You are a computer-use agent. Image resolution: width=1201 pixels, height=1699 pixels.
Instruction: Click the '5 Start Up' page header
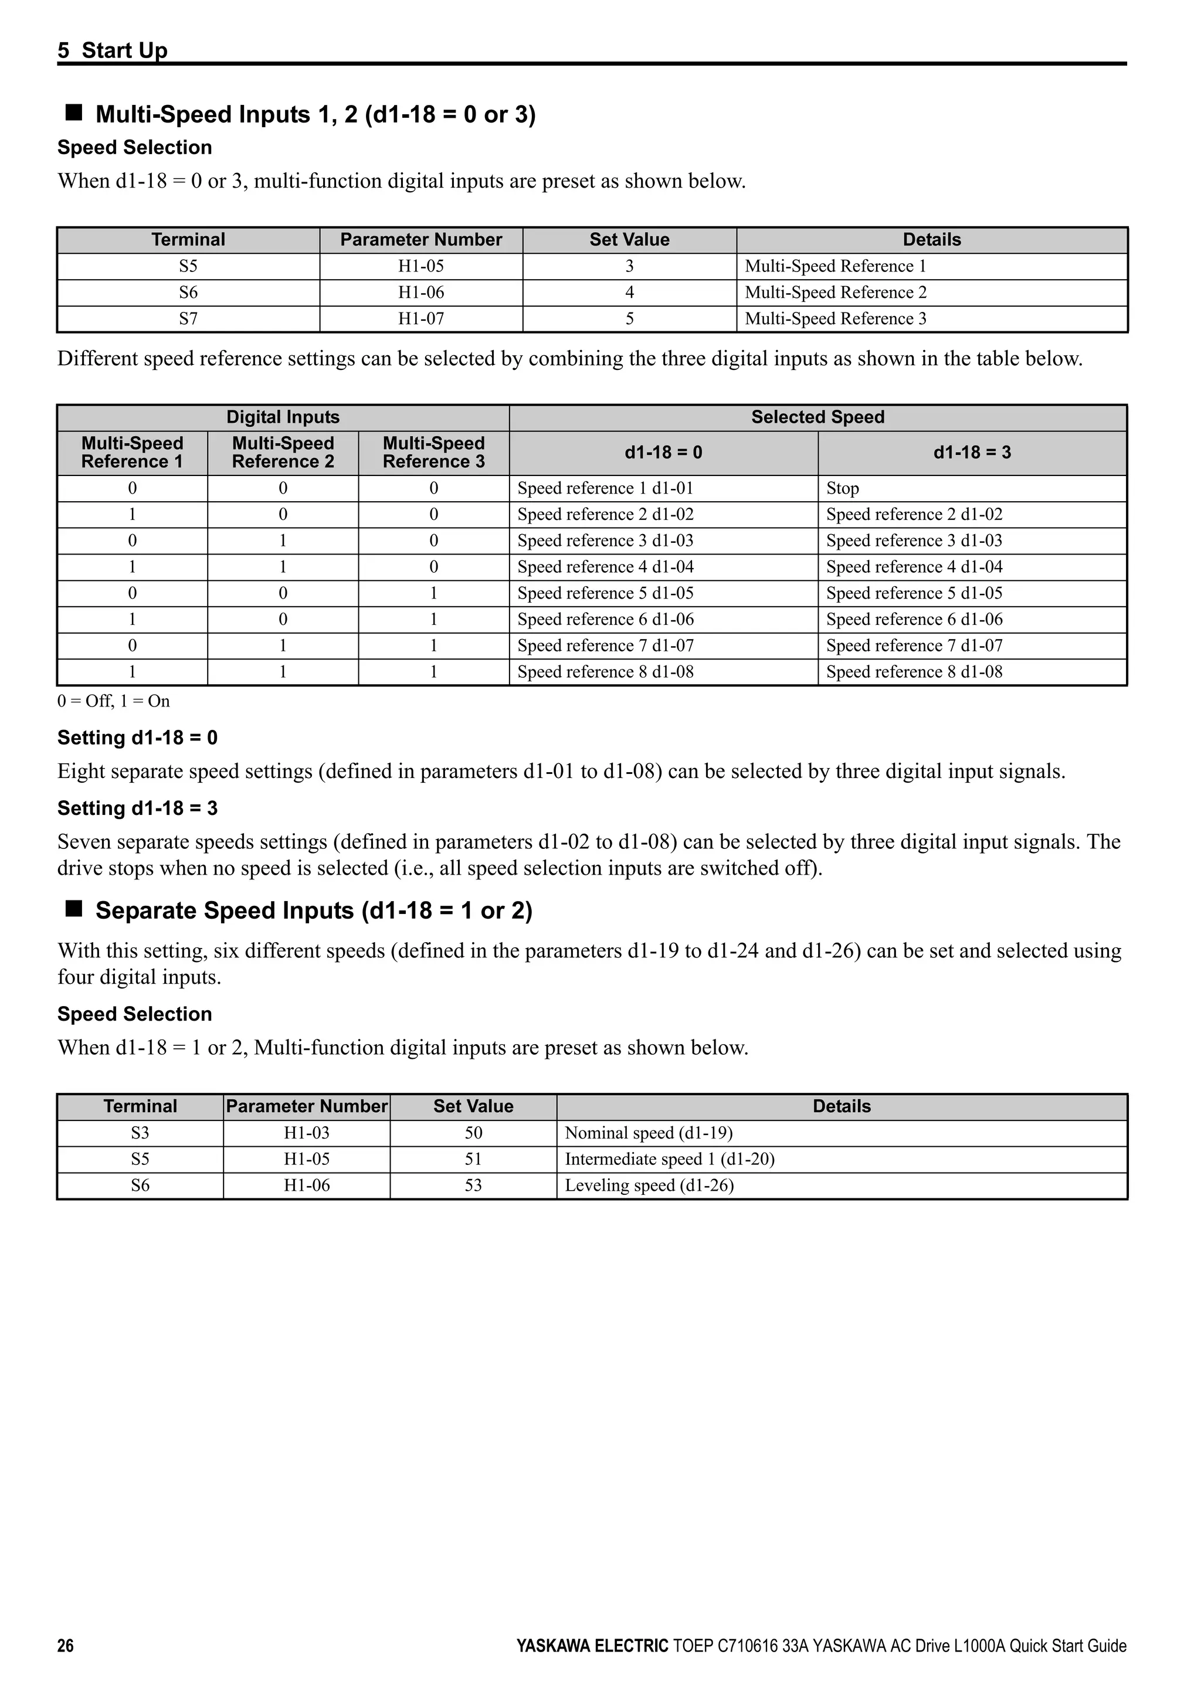(113, 50)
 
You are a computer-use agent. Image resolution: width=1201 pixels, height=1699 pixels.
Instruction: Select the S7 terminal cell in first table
(188, 319)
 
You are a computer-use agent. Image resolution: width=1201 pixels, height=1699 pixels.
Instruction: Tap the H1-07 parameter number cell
(420, 319)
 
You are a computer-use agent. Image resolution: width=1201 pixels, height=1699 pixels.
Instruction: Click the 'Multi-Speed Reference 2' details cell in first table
(836, 293)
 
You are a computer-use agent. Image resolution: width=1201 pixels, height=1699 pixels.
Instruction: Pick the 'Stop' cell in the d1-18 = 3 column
(842, 488)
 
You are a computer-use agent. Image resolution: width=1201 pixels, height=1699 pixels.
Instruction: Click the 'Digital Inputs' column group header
(283, 417)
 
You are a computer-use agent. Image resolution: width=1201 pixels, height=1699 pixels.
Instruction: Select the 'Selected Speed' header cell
(817, 417)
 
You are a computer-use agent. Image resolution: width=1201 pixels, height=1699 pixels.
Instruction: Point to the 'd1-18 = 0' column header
(663, 453)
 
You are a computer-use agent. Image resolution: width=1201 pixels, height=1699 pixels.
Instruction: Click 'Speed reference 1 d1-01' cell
(605, 488)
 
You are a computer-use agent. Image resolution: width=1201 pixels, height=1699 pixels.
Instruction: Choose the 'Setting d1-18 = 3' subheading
(138, 808)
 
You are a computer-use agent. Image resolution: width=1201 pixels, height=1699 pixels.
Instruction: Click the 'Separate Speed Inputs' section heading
(314, 910)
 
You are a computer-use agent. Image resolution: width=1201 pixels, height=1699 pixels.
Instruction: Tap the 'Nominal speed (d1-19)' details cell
(648, 1133)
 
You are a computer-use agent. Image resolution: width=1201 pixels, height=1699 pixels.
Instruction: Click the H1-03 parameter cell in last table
(306, 1133)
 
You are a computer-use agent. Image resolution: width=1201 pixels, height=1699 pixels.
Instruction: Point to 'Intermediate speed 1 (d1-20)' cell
(669, 1159)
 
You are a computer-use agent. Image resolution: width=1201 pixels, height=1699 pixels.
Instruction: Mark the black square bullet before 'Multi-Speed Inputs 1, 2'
(73, 113)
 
